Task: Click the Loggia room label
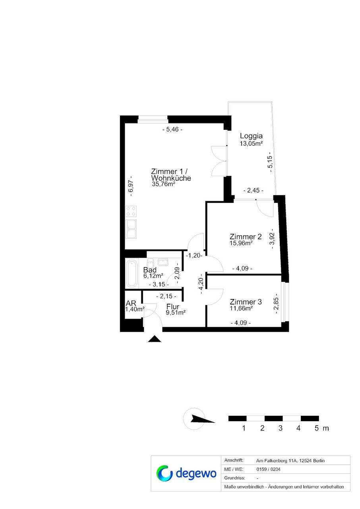[x=251, y=136]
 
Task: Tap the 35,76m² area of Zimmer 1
[x=163, y=184]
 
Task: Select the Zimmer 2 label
[x=246, y=237]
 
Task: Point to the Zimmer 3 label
[x=246, y=302]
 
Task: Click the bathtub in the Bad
[x=132, y=274]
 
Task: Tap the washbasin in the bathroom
[x=163, y=262]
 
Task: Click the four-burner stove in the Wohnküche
[x=131, y=211]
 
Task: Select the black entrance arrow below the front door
[x=155, y=339]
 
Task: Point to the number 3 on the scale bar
[x=280, y=428]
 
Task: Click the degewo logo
[x=186, y=473]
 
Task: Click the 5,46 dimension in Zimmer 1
[x=172, y=130]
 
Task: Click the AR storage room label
[x=131, y=303]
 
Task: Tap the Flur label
[x=173, y=307]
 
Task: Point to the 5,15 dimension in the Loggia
[x=270, y=162]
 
